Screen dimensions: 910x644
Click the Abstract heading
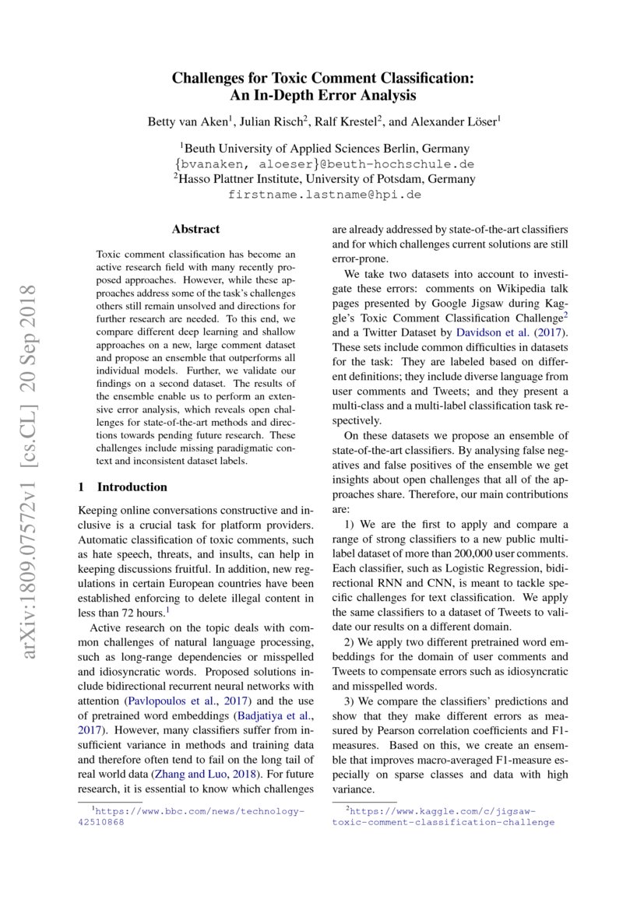(x=195, y=230)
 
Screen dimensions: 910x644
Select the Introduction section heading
(x=123, y=487)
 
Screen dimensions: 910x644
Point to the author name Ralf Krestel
(x=347, y=121)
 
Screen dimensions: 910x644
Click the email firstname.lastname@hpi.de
(x=324, y=194)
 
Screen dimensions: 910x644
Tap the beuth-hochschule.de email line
(x=324, y=164)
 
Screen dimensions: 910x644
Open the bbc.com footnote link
(x=198, y=811)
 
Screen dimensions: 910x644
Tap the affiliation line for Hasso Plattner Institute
(x=324, y=179)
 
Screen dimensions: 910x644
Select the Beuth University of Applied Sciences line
(x=324, y=149)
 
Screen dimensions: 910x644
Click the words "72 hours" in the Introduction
(x=138, y=613)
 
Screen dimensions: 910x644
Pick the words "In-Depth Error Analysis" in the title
(x=323, y=96)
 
